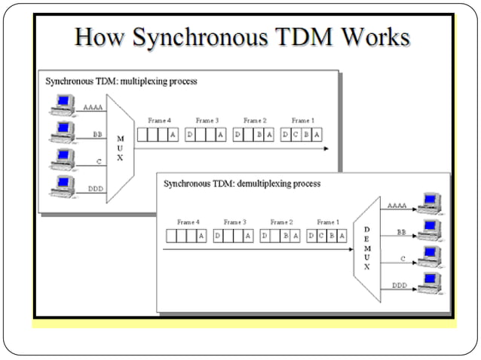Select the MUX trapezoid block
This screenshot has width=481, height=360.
click(120, 148)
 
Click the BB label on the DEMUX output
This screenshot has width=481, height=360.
click(401, 233)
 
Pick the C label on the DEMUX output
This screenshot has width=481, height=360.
click(402, 258)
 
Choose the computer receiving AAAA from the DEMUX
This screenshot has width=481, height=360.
click(430, 203)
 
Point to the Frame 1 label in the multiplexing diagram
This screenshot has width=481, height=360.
click(302, 121)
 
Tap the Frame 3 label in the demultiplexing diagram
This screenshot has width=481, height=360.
click(235, 222)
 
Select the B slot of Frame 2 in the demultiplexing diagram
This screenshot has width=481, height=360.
click(286, 236)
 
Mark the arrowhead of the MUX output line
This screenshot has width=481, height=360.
click(326, 148)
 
